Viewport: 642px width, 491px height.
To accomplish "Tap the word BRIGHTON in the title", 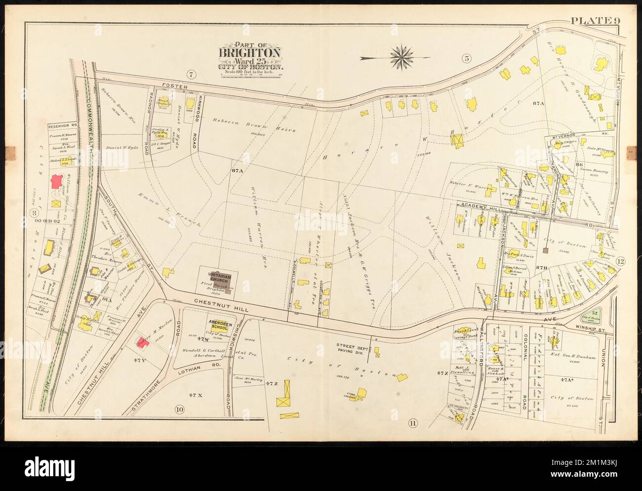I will [x=250, y=53].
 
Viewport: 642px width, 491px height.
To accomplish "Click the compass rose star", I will [x=402, y=57].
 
